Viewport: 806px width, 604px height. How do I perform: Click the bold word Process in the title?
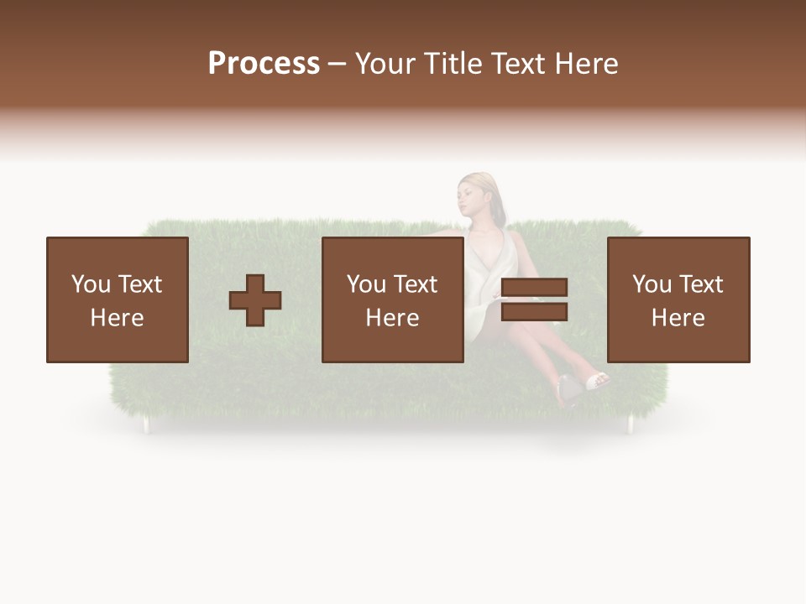pyautogui.click(x=264, y=64)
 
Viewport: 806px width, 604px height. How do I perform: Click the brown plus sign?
pyautogui.click(x=255, y=300)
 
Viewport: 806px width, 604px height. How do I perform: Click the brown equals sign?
pyautogui.click(x=534, y=299)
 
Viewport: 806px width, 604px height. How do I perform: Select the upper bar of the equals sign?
pyautogui.click(x=534, y=288)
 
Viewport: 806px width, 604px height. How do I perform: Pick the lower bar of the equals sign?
pyautogui.click(x=534, y=312)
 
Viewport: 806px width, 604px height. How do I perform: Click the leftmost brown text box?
pyautogui.click(x=117, y=299)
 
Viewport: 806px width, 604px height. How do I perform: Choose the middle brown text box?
pyautogui.click(x=392, y=299)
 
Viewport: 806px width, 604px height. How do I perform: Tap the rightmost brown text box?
pyautogui.click(x=678, y=299)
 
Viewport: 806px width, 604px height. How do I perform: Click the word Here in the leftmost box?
pyautogui.click(x=117, y=318)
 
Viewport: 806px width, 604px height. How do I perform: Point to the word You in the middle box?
pyautogui.click(x=366, y=284)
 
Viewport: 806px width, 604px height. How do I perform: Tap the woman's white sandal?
pyautogui.click(x=599, y=382)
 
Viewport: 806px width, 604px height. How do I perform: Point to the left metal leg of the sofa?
pyautogui.click(x=146, y=425)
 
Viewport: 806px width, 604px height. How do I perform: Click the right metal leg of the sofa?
pyautogui.click(x=630, y=425)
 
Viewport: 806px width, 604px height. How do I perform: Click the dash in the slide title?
pyautogui.click(x=338, y=65)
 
